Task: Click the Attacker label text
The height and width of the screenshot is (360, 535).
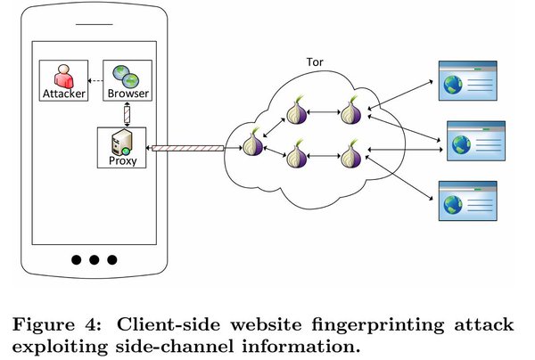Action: coord(64,94)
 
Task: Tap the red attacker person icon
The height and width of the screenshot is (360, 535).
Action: coord(64,77)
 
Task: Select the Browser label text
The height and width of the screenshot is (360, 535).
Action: coord(128,93)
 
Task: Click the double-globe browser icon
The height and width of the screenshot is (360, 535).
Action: coord(126,77)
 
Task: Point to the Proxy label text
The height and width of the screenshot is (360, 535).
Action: coord(122,160)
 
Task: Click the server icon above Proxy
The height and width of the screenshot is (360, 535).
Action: coord(121,143)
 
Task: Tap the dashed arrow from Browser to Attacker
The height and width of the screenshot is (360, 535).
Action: coord(95,81)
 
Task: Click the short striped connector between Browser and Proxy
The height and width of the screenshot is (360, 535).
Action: coord(127,114)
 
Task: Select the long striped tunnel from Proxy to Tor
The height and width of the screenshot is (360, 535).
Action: coord(187,148)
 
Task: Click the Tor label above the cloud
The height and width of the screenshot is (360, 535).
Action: coord(315,62)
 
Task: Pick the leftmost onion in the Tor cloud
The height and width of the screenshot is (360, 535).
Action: coord(252,143)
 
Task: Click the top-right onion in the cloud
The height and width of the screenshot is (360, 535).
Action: coord(350,111)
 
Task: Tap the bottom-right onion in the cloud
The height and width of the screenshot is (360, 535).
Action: coord(350,154)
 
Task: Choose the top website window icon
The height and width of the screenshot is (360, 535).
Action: coord(467,81)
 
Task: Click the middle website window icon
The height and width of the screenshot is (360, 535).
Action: coord(476,141)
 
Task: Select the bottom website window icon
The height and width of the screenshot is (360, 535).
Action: coord(467,200)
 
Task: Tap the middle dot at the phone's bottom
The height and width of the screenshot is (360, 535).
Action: coord(95,260)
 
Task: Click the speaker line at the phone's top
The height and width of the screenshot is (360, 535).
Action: coord(95,24)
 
